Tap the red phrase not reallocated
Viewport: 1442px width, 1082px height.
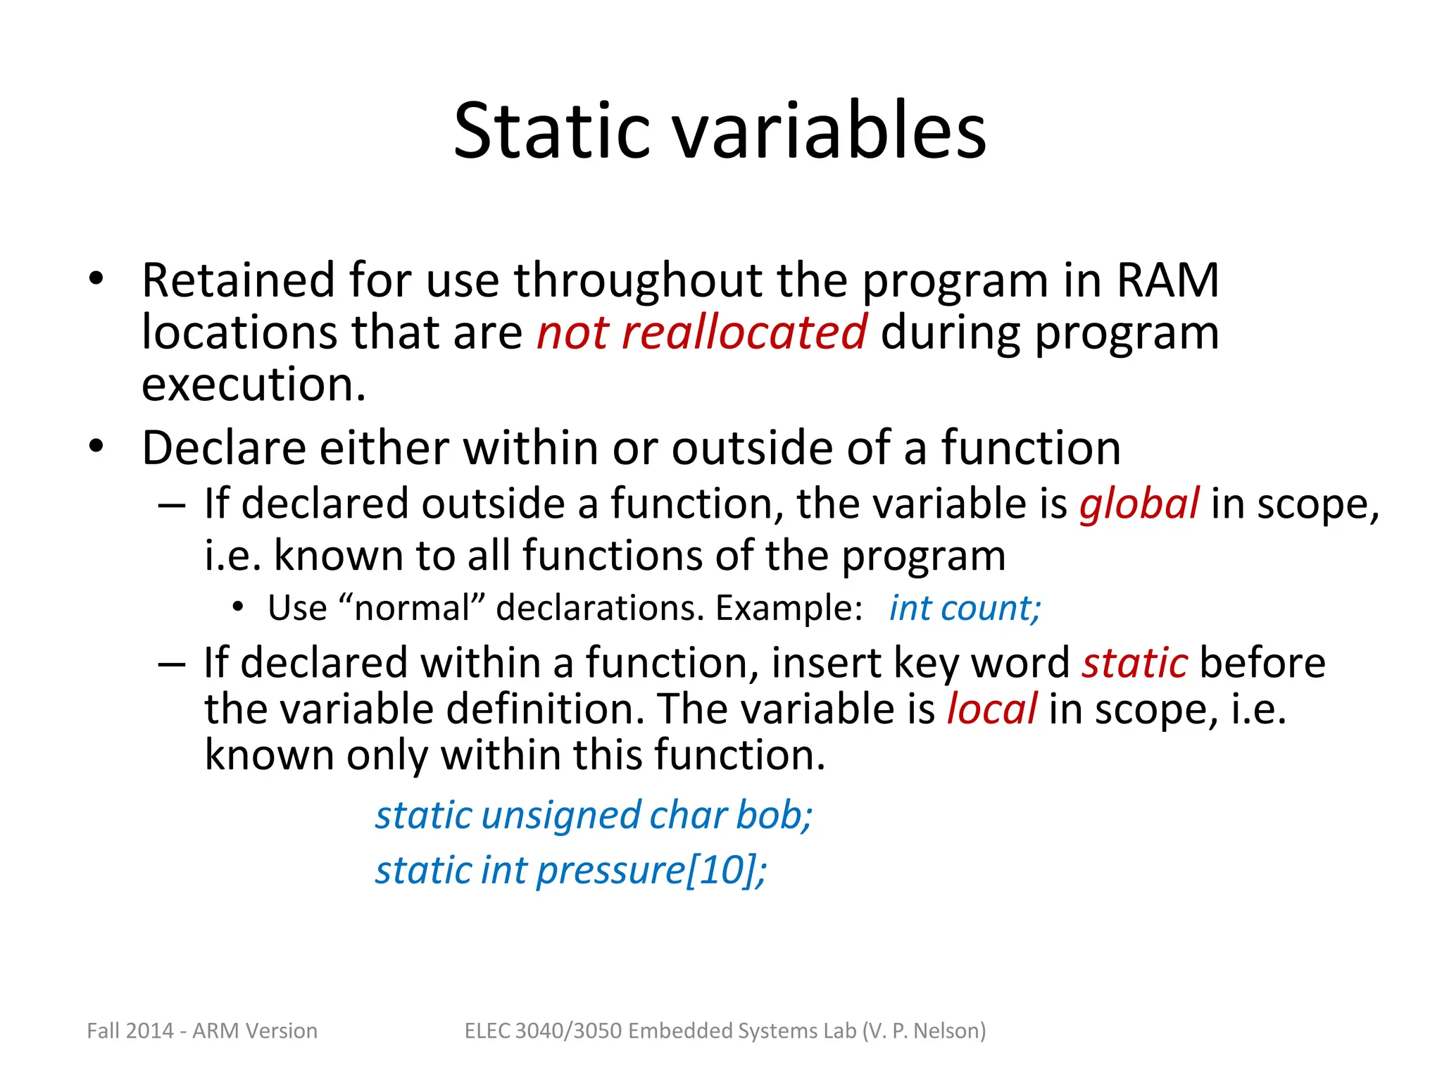click(x=701, y=332)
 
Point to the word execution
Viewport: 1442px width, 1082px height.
click(x=253, y=385)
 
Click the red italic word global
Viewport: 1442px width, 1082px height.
click(x=1139, y=504)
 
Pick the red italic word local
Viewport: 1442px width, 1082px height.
click(x=991, y=709)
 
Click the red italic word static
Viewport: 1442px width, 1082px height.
click(x=1134, y=664)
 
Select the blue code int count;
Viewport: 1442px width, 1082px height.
click(x=965, y=608)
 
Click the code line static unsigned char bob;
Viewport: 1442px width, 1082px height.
click(x=594, y=816)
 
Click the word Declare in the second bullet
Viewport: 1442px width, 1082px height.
click(x=225, y=448)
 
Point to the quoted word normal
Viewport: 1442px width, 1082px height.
click(x=412, y=608)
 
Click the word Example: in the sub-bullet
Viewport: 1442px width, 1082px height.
click(x=789, y=608)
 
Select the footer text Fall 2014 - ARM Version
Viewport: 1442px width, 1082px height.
click(x=202, y=1031)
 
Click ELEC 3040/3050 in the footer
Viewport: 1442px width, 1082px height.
click(x=543, y=1031)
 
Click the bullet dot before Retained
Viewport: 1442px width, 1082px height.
click(x=96, y=280)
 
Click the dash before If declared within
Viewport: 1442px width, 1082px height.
click(x=172, y=664)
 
